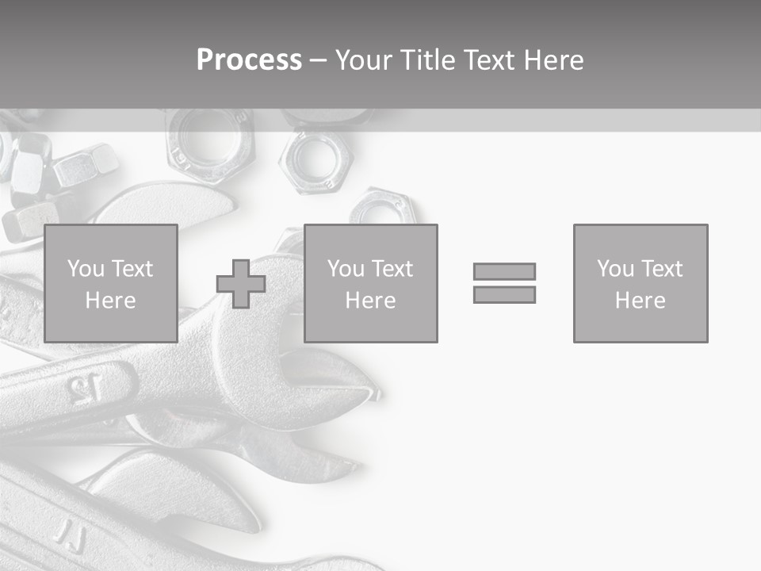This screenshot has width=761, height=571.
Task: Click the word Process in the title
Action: coord(249,60)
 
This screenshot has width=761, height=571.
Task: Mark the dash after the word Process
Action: coord(318,62)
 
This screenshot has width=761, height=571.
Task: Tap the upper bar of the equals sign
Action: coord(504,271)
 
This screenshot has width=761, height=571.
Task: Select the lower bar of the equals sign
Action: coord(504,295)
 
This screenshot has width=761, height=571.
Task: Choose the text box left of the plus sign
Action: coord(110,283)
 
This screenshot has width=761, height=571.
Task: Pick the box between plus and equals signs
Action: coord(370,283)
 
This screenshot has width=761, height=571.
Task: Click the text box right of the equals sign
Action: coord(640,283)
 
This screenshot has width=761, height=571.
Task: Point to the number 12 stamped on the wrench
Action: coord(85,388)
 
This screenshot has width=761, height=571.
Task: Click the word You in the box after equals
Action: coord(614,269)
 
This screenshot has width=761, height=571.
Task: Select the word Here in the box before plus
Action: coord(110,301)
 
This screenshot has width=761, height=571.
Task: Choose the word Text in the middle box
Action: coord(392,269)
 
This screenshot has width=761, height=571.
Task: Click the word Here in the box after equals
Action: coord(640,301)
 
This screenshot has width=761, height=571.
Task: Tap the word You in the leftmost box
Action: coord(85,269)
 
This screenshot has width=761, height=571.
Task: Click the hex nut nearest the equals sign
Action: coord(383,209)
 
